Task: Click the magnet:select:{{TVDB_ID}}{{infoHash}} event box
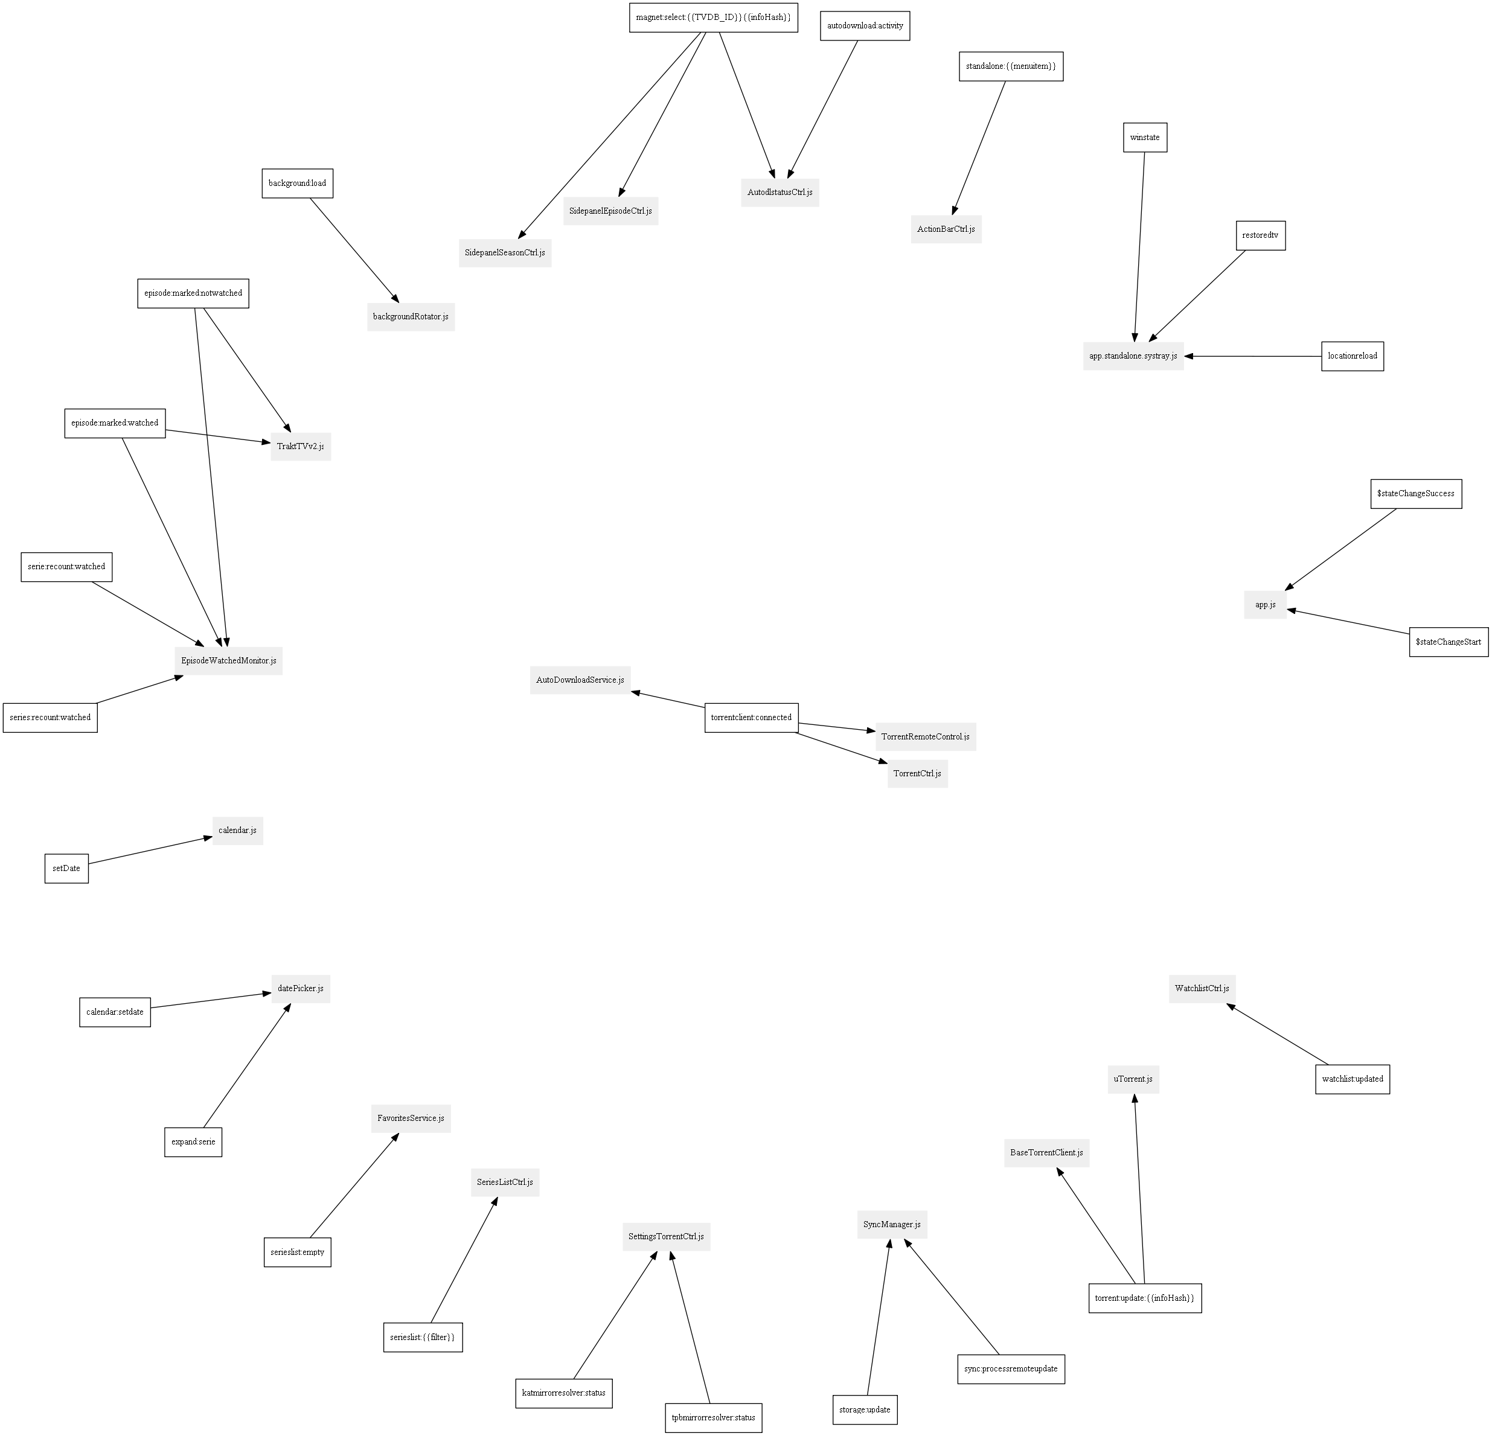pos(713,18)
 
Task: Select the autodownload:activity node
pos(865,26)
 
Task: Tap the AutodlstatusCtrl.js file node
pos(780,193)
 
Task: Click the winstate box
pos(1145,138)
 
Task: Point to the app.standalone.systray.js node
pos(1133,356)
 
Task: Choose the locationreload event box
pos(1352,356)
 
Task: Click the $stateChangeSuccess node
pos(1415,494)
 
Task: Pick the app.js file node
pos(1265,605)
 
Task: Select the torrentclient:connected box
pos(751,718)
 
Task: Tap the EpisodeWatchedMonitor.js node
pos(228,660)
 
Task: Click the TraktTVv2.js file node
pos(301,447)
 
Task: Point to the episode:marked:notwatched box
pos(193,294)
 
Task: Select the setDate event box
pos(66,868)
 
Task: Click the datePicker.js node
pos(301,989)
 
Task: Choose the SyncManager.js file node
pos(891,1225)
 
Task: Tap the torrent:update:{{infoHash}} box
pos(1145,1298)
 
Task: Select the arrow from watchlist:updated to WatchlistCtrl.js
pos(1277,1034)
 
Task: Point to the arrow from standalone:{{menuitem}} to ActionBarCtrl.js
pos(978,148)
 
